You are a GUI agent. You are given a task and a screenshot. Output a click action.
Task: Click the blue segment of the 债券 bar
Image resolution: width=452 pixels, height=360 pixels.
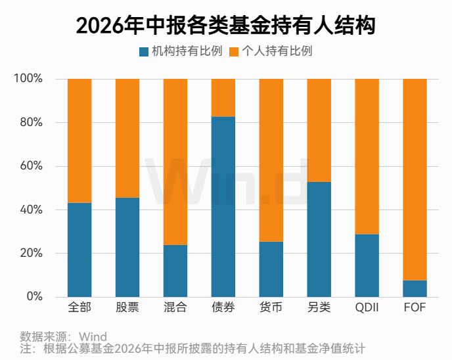[223, 207]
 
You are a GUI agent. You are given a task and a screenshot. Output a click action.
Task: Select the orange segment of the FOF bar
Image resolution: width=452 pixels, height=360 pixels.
[415, 179]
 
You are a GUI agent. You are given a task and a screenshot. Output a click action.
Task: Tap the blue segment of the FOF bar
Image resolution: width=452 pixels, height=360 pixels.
[415, 288]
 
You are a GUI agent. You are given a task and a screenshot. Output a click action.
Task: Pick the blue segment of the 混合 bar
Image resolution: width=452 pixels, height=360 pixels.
[175, 271]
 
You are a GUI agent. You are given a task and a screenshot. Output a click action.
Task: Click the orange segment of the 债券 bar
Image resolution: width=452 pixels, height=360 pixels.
[223, 98]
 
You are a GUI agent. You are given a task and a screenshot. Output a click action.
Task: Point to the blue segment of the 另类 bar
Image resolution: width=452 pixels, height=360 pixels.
[319, 240]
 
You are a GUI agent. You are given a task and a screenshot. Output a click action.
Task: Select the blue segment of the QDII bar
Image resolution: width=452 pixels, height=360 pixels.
[367, 265]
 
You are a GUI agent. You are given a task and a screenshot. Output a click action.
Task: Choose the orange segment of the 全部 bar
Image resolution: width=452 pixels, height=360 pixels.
[79, 141]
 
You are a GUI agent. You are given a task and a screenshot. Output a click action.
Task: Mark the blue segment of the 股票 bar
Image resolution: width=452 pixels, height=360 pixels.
[127, 247]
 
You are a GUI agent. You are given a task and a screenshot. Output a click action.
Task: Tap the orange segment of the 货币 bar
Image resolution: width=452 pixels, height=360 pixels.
[271, 160]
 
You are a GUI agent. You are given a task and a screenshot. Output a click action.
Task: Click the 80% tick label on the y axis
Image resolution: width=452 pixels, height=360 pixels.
[32, 122]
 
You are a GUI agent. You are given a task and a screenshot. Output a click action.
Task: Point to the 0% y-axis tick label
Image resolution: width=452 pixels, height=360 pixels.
[35, 296]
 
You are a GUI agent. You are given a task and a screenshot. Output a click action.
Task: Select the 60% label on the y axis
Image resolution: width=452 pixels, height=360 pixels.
[32, 166]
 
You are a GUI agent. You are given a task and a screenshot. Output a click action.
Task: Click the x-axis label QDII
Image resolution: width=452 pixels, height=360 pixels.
[367, 307]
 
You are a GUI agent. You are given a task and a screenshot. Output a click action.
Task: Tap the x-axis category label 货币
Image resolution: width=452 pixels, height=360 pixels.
[271, 307]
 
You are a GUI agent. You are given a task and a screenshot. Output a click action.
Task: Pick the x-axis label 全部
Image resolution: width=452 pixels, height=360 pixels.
[79, 307]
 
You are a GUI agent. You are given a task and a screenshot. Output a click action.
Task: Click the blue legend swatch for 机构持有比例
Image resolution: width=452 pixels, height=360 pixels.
[144, 52]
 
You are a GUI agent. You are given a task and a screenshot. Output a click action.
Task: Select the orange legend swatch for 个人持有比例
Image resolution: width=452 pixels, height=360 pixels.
[234, 52]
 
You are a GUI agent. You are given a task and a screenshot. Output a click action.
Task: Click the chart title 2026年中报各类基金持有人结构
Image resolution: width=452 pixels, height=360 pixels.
[226, 26]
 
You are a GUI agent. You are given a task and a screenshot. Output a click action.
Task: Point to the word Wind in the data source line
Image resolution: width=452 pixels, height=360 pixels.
[93, 336]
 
